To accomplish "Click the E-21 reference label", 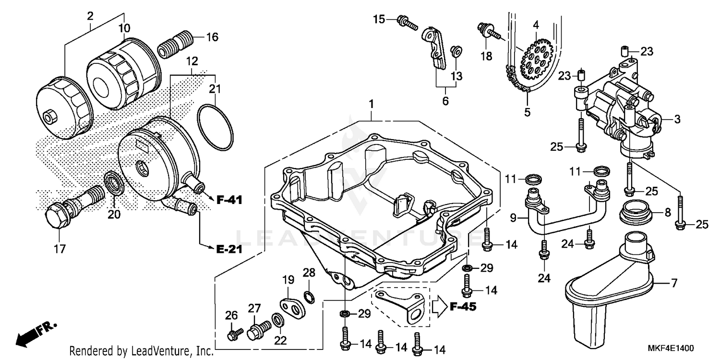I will tap(228, 249).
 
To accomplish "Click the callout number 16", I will tap(212, 37).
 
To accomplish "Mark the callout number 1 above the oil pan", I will tap(371, 104).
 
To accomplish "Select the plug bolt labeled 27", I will tap(257, 330).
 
